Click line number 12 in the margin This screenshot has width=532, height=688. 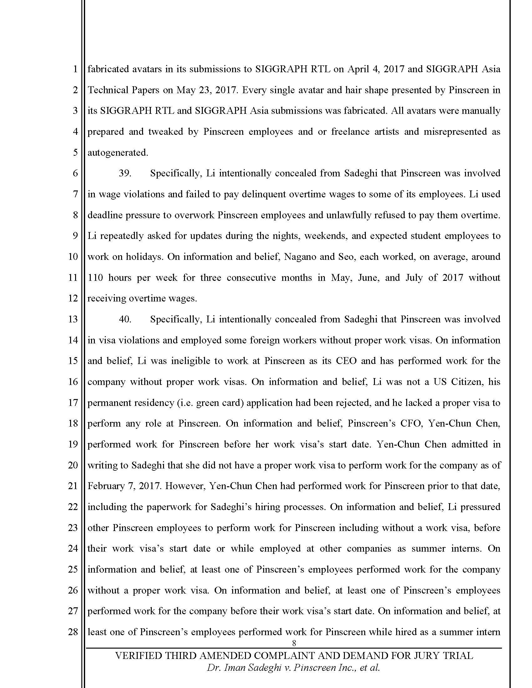[x=73, y=298]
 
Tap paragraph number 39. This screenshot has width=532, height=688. [x=125, y=173]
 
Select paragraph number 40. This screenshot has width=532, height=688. [x=125, y=319]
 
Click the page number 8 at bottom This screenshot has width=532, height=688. [x=294, y=643]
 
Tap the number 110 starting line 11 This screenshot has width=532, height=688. [x=95, y=277]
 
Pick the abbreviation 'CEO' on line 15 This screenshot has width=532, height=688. [x=346, y=361]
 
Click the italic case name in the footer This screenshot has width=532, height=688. [x=293, y=668]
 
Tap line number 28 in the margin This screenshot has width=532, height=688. [x=73, y=632]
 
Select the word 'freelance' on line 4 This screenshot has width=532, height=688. [x=350, y=132]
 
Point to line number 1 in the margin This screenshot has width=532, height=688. [x=75, y=69]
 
